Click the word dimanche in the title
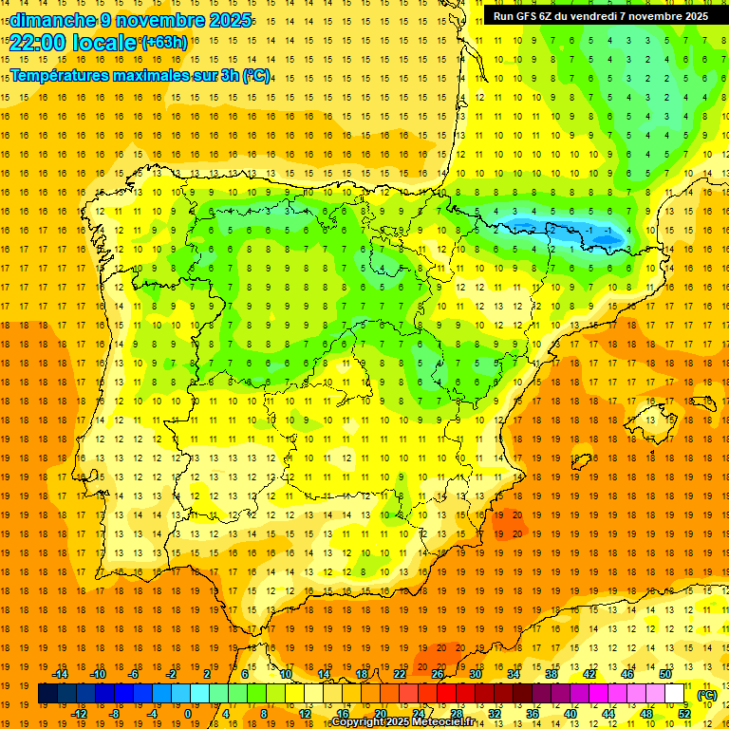[x=48, y=20]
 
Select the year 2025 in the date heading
[x=231, y=20]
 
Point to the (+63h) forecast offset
[x=163, y=43]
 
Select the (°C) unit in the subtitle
[x=255, y=75]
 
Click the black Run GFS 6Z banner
[x=600, y=16]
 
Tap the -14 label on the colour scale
[x=60, y=674]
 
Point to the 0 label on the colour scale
[x=188, y=714]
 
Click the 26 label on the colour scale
[x=438, y=674]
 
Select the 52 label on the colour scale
[x=684, y=714]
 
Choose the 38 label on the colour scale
[x=551, y=674]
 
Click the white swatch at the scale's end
[x=675, y=694]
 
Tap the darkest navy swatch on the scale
[x=47, y=694]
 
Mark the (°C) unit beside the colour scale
[x=707, y=695]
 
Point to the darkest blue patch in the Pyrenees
[x=598, y=233]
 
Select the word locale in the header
[x=103, y=42]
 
